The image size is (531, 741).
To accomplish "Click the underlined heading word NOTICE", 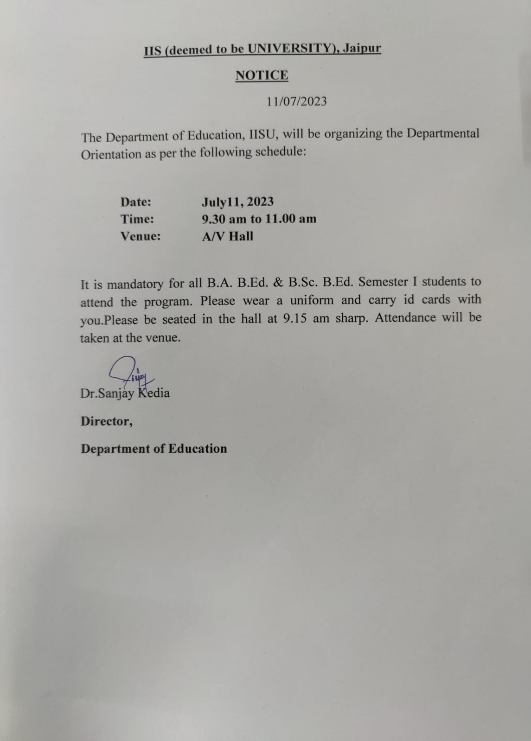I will click(262, 76).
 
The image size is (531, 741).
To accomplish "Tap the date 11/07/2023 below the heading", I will click(296, 101).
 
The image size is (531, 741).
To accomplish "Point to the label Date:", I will click(136, 202).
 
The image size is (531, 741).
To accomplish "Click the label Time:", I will click(137, 219).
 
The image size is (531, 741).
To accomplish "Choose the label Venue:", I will click(141, 236).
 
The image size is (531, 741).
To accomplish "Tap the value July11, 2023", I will click(237, 202).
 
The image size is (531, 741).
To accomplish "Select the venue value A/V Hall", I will click(228, 236).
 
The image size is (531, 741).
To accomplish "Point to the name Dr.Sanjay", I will click(107, 393).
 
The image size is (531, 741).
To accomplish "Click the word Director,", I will click(106, 421).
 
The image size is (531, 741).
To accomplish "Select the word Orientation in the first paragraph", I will click(111, 154).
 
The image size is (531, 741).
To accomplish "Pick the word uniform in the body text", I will click(312, 300).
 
